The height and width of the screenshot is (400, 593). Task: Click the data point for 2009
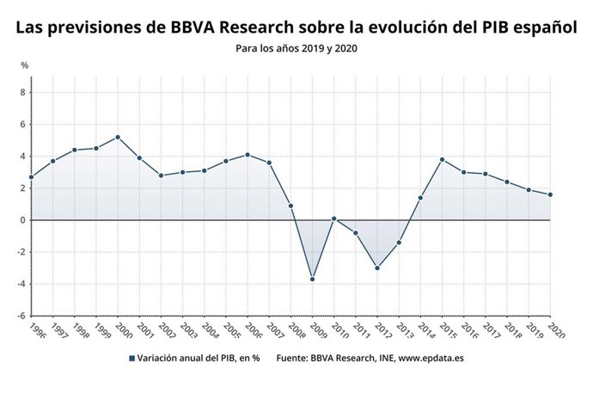[312, 279]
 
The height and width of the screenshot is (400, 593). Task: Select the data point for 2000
[118, 137]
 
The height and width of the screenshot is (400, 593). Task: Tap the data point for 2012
[377, 268]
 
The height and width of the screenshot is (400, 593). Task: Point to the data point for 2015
[442, 159]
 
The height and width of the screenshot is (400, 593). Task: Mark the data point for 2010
[333, 218]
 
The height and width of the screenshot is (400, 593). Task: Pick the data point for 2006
[248, 155]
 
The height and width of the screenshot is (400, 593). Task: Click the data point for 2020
[550, 194]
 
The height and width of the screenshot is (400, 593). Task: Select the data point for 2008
[290, 206]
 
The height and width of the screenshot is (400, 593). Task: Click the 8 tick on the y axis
[23, 92]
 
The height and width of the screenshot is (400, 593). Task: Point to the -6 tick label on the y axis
[21, 316]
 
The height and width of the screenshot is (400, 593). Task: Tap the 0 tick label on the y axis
[23, 220]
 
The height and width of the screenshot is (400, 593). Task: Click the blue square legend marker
[131, 358]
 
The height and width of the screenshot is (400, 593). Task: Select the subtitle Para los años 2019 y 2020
[296, 48]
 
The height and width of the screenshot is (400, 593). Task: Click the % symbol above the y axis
[24, 65]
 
